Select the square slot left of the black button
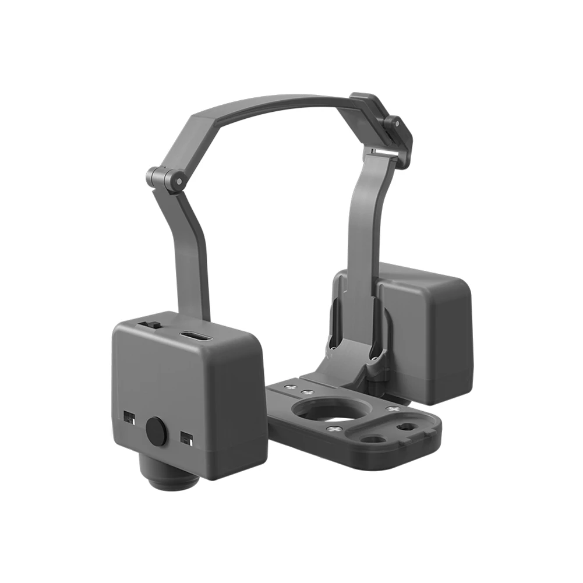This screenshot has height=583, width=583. point(129,417)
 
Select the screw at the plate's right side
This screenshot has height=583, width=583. point(393,411)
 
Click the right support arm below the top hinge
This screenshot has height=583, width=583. point(367,233)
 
